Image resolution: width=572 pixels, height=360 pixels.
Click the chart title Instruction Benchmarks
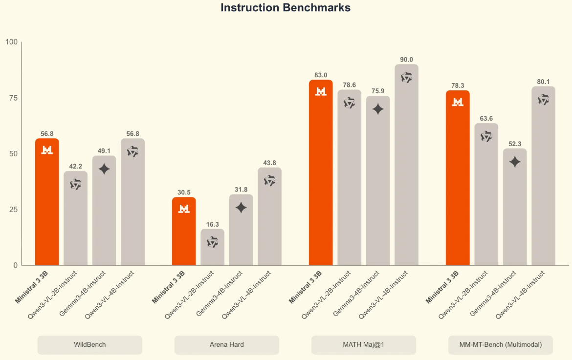(286, 8)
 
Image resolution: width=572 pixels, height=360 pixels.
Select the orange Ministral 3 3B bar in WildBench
(47, 205)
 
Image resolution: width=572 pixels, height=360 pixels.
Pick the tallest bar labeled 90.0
(406, 166)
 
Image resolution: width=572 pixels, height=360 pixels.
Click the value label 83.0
(321, 75)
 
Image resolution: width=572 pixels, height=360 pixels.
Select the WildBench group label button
(90, 345)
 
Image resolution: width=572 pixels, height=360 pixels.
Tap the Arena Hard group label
(226, 345)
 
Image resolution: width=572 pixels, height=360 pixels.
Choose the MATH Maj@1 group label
(363, 345)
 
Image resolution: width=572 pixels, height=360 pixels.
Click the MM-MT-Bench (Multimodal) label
(500, 345)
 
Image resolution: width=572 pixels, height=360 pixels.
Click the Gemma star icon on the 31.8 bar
(241, 208)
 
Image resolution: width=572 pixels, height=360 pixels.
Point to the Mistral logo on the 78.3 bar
(458, 102)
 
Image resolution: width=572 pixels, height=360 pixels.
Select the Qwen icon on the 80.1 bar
(543, 100)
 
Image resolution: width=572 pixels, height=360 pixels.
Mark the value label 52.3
(515, 144)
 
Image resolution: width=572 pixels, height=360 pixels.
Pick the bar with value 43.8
(269, 220)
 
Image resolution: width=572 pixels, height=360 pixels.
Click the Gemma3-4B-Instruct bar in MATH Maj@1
(378, 186)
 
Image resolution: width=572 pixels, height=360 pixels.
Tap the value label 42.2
(75, 167)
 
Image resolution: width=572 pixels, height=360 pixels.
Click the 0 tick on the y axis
(15, 265)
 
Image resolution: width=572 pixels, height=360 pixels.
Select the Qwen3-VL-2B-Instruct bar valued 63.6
(486, 195)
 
